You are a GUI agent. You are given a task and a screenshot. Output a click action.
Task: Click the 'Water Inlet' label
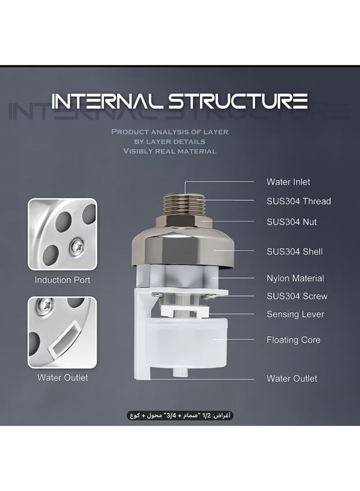point(288,182)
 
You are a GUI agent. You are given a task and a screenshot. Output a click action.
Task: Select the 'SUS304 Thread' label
point(298,201)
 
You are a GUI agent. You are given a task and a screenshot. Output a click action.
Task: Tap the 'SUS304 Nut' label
point(292,221)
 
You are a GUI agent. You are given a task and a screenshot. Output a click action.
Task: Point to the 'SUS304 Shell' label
point(294,252)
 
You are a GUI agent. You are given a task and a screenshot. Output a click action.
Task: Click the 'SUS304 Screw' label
point(297,296)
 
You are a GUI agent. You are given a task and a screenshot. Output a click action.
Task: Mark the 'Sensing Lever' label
point(295,314)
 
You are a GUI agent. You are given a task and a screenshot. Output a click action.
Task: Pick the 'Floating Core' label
point(293,339)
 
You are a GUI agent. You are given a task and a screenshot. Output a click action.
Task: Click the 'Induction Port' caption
point(63,280)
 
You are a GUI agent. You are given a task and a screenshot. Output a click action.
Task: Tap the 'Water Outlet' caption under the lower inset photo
point(63,378)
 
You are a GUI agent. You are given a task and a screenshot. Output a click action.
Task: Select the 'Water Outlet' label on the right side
point(292,378)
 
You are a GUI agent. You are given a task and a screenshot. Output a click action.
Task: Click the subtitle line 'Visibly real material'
point(170,151)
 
